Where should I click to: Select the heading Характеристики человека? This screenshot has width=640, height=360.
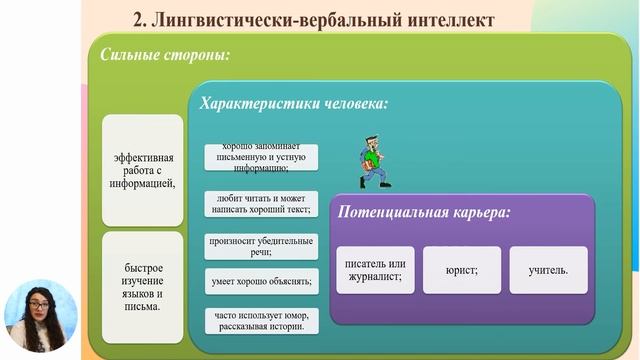(x=294, y=103)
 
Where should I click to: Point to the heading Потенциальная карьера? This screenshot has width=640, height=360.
(x=425, y=213)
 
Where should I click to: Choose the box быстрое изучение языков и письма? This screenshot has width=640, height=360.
(x=143, y=287)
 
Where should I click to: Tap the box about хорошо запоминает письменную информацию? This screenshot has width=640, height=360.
(x=261, y=157)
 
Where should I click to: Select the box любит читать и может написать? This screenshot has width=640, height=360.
(x=261, y=204)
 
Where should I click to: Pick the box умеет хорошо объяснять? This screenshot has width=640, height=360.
(x=261, y=281)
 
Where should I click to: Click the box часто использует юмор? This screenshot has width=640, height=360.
(x=261, y=320)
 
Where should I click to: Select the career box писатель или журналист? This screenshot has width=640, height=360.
(x=374, y=270)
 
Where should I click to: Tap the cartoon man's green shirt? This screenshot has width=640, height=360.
(x=371, y=160)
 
